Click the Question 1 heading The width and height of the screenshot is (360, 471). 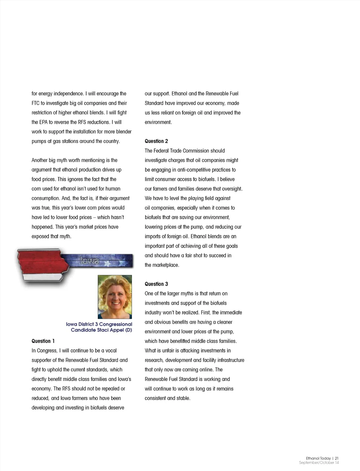click(x=43, y=341)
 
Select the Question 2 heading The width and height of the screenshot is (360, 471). click(x=156, y=141)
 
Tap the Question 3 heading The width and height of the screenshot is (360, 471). click(x=156, y=284)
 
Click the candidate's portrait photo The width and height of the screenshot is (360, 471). click(x=115, y=297)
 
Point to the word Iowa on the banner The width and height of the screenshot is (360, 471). click(x=89, y=261)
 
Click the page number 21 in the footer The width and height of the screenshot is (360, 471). click(x=336, y=458)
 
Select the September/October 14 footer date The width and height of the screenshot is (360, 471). click(x=319, y=463)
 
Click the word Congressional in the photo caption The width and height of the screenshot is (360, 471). click(x=116, y=324)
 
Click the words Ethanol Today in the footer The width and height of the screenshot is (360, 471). click(x=318, y=458)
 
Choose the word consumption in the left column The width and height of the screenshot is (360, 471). click(x=45, y=198)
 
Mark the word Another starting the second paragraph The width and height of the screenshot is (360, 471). click(x=39, y=160)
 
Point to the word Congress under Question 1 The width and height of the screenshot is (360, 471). click(x=47, y=350)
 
